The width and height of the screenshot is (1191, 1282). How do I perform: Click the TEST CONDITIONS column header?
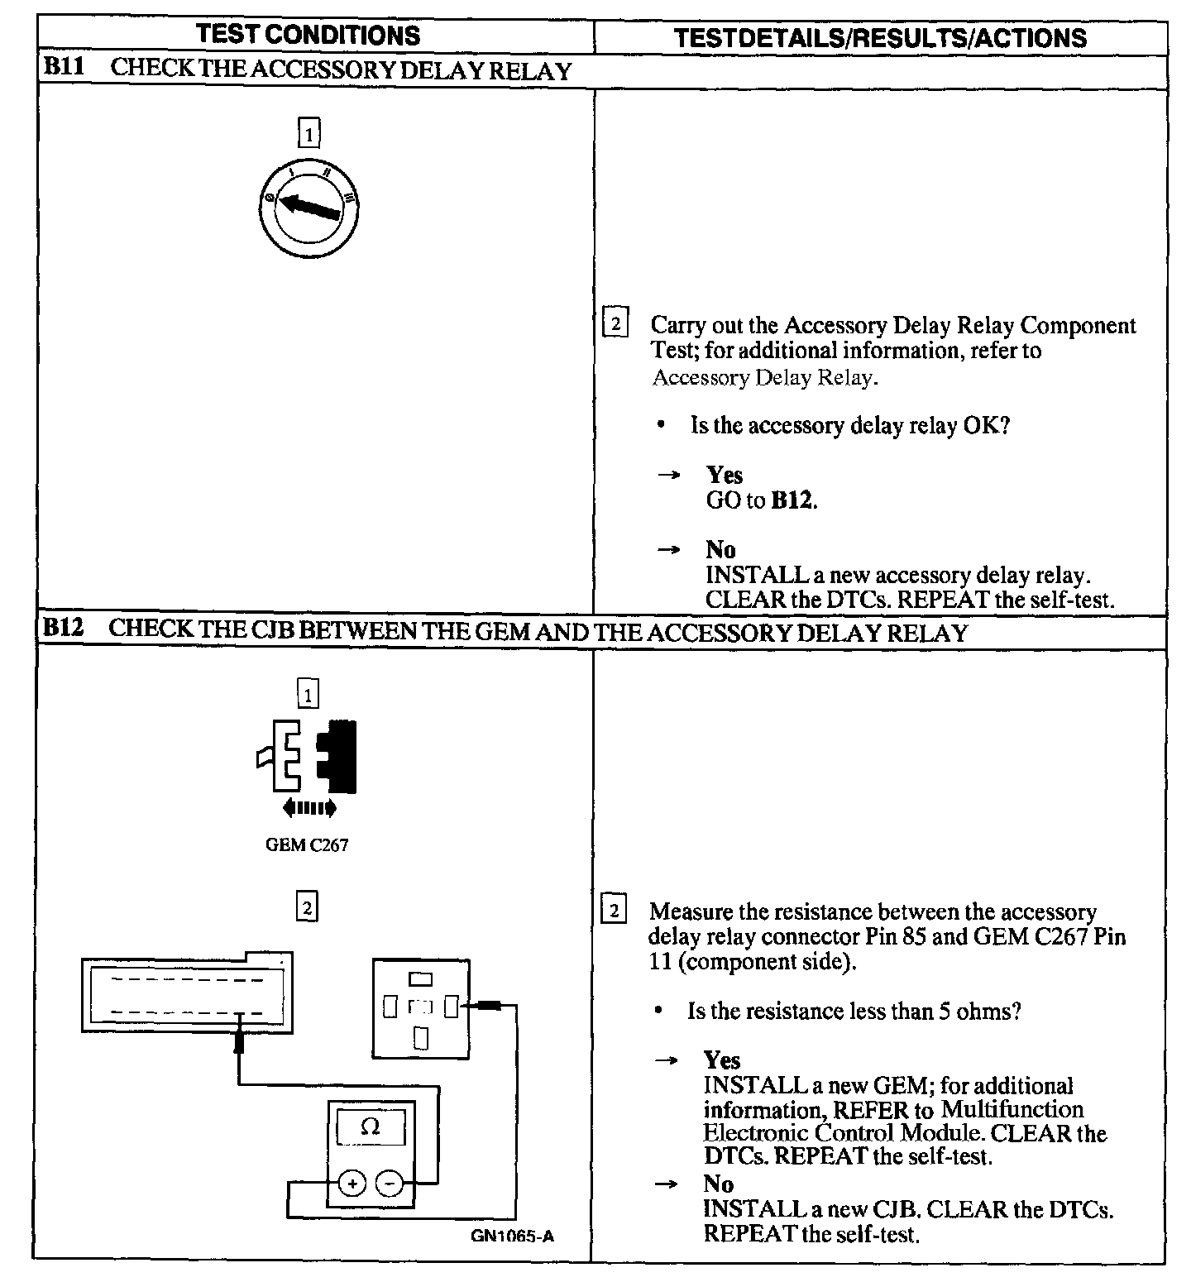click(x=309, y=35)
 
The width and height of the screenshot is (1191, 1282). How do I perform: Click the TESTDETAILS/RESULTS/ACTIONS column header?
click(x=881, y=38)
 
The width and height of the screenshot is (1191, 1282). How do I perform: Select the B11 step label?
click(x=63, y=68)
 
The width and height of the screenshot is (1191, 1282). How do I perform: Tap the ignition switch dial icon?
click(x=308, y=203)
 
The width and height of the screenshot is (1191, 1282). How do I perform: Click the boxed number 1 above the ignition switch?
click(x=309, y=133)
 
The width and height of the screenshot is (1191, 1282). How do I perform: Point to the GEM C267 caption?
click(x=307, y=845)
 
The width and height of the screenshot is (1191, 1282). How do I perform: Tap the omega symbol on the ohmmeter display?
click(x=371, y=1127)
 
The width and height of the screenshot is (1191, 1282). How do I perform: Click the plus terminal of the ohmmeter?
click(x=353, y=1184)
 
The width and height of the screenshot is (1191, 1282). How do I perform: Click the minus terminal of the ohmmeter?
click(x=389, y=1184)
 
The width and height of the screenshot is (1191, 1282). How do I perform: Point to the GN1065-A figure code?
click(x=512, y=1237)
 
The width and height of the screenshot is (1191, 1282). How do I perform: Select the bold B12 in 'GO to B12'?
click(x=792, y=500)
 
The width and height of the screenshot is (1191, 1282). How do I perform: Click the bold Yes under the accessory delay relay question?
click(x=724, y=475)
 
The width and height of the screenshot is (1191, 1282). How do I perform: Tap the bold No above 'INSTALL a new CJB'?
click(x=718, y=1184)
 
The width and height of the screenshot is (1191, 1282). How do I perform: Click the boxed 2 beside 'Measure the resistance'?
click(x=613, y=911)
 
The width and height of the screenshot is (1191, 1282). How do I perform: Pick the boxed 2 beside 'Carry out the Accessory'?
click(x=615, y=324)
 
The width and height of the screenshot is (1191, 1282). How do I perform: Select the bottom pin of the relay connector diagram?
click(x=421, y=1037)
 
